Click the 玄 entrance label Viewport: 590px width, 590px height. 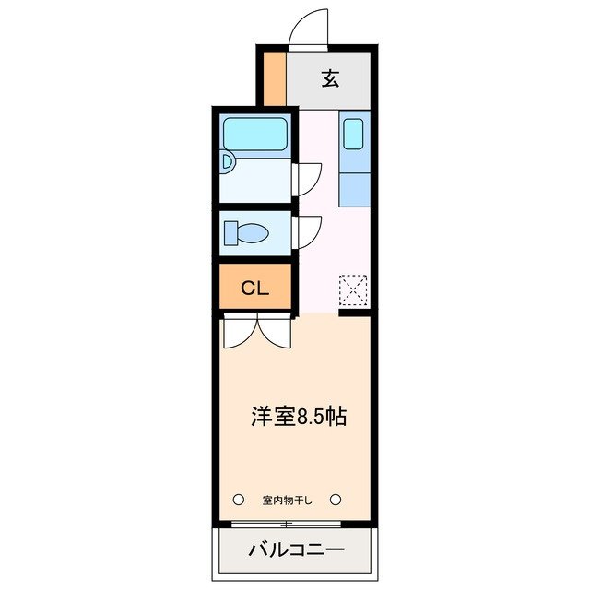(x=330, y=78)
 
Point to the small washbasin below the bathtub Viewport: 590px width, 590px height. (x=229, y=162)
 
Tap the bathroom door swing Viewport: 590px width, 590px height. (x=308, y=178)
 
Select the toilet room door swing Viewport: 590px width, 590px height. (x=308, y=231)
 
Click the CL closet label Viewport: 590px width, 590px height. (x=254, y=288)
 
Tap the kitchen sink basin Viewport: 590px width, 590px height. (x=354, y=133)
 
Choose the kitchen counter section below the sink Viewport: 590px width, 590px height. (x=354, y=187)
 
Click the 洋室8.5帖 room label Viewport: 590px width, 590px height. (x=298, y=416)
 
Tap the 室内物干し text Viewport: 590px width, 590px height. (x=287, y=501)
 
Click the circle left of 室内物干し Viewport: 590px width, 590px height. (x=238, y=500)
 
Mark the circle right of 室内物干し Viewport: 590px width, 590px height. (x=336, y=500)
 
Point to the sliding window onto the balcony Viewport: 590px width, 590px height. (x=287, y=525)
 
